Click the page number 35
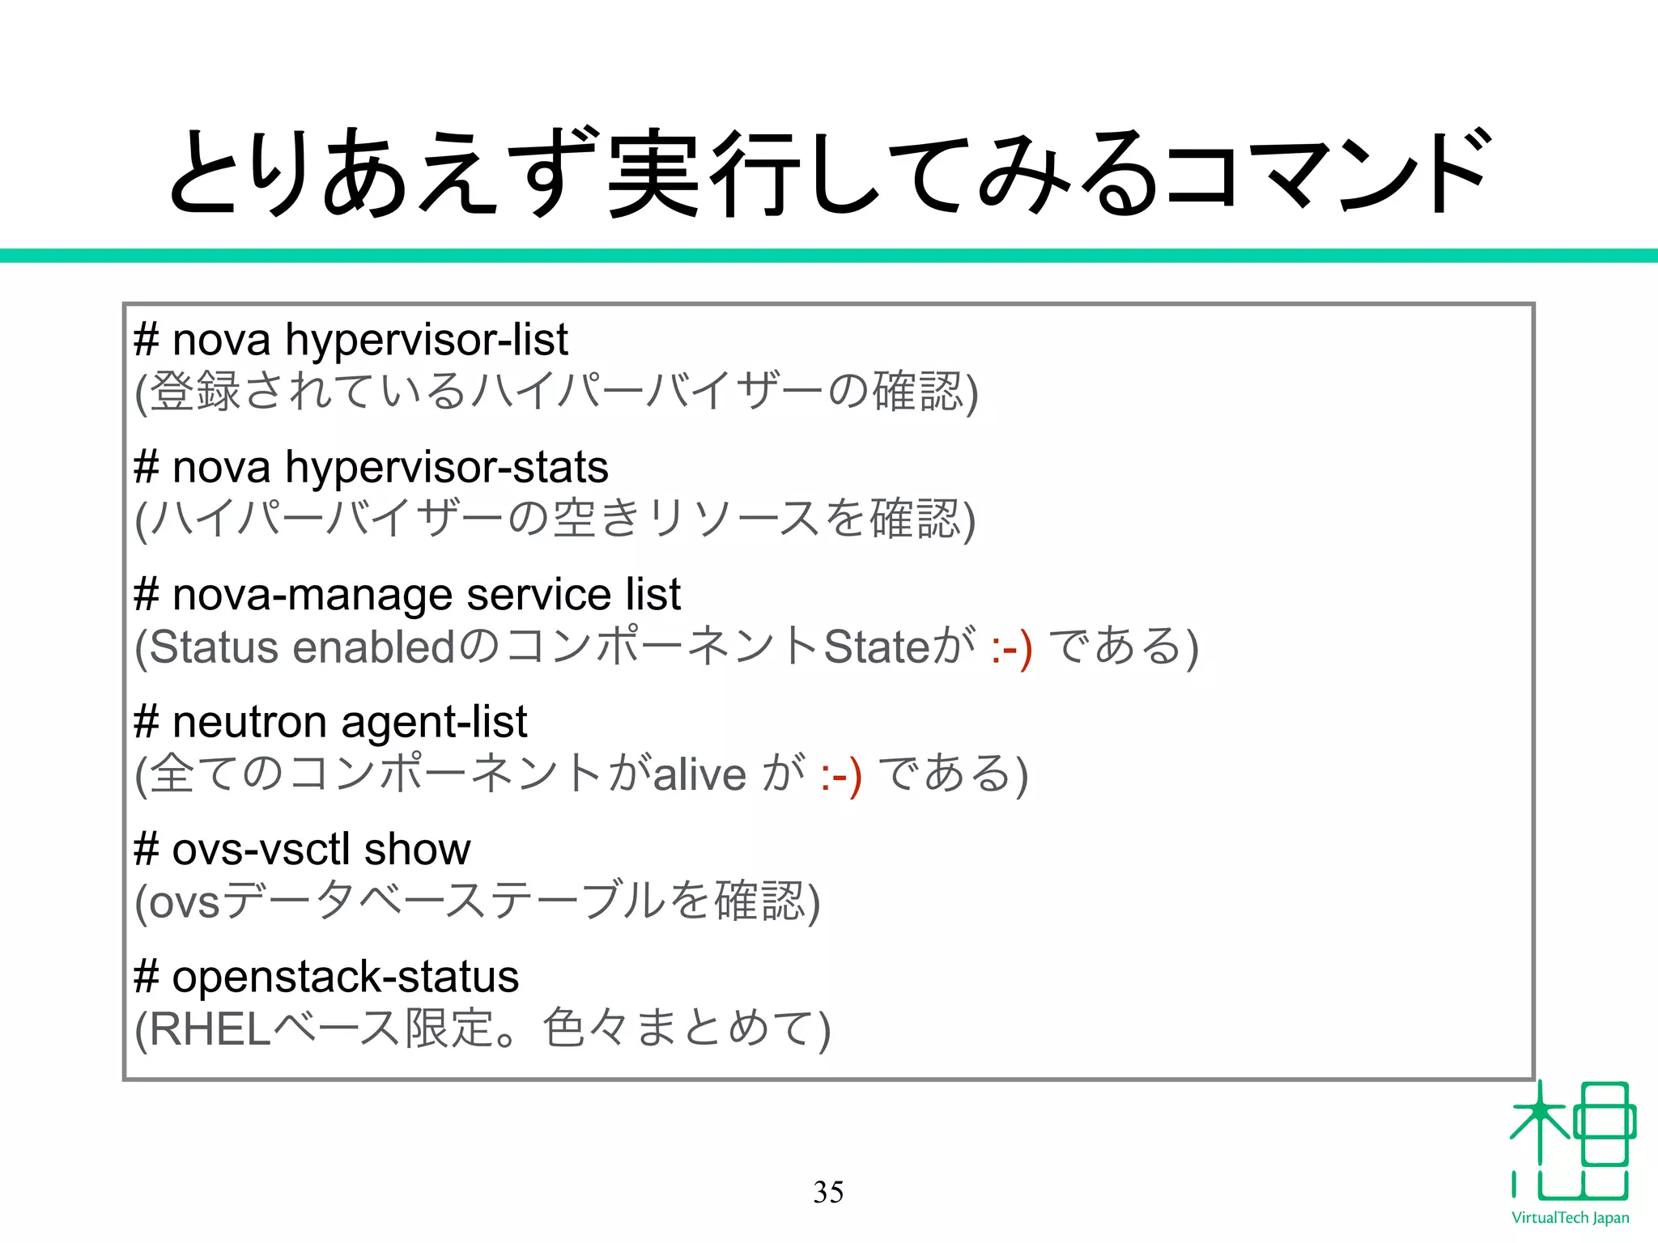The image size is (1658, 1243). pyautogui.click(x=828, y=1192)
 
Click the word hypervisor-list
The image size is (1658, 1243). pyautogui.click(x=427, y=340)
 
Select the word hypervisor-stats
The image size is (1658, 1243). pyautogui.click(x=447, y=468)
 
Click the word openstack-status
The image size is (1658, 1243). pyautogui.click(x=345, y=977)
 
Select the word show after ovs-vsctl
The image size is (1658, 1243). pyautogui.click(x=417, y=850)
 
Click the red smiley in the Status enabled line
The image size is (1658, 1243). pyautogui.click(x=1011, y=648)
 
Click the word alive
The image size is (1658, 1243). pyautogui.click(x=699, y=774)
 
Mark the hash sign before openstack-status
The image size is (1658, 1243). pyautogui.click(x=147, y=977)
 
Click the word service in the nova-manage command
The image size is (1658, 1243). pyautogui.click(x=538, y=595)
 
